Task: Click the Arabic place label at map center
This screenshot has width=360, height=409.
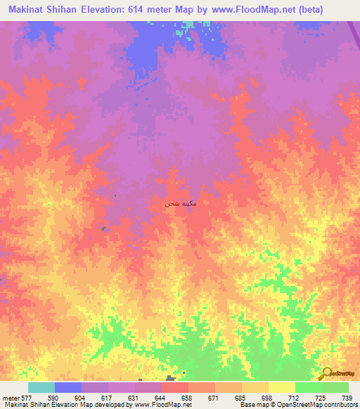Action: click(180, 203)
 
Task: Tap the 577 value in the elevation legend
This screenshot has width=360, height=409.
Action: click(22, 397)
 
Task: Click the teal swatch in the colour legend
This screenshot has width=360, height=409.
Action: click(41, 387)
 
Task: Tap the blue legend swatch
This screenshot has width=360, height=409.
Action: click(68, 387)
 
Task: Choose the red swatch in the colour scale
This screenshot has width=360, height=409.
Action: click(175, 387)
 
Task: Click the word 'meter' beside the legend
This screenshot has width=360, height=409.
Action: click(8, 397)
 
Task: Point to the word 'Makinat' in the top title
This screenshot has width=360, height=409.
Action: click(27, 11)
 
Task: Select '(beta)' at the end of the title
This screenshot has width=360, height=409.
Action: click(307, 11)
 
